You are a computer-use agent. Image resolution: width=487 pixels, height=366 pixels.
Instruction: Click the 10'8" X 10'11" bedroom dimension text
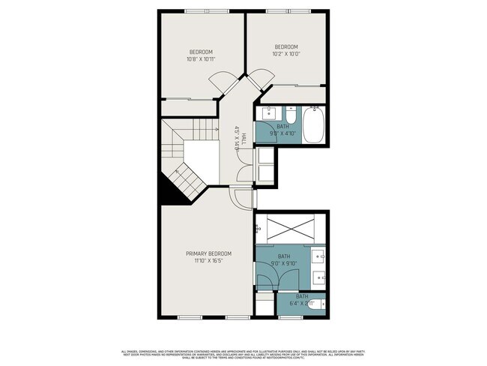pos(201,58)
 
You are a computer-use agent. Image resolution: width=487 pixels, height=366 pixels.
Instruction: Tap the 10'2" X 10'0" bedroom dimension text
pos(285,54)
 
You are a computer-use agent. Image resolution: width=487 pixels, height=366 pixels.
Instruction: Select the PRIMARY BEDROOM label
pos(209,253)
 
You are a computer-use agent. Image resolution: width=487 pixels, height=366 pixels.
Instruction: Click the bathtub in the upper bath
pos(312,124)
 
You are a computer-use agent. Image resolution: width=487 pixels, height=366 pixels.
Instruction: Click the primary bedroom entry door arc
pos(241,199)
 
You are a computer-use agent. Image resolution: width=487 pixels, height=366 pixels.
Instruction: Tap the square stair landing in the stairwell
pos(200,155)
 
